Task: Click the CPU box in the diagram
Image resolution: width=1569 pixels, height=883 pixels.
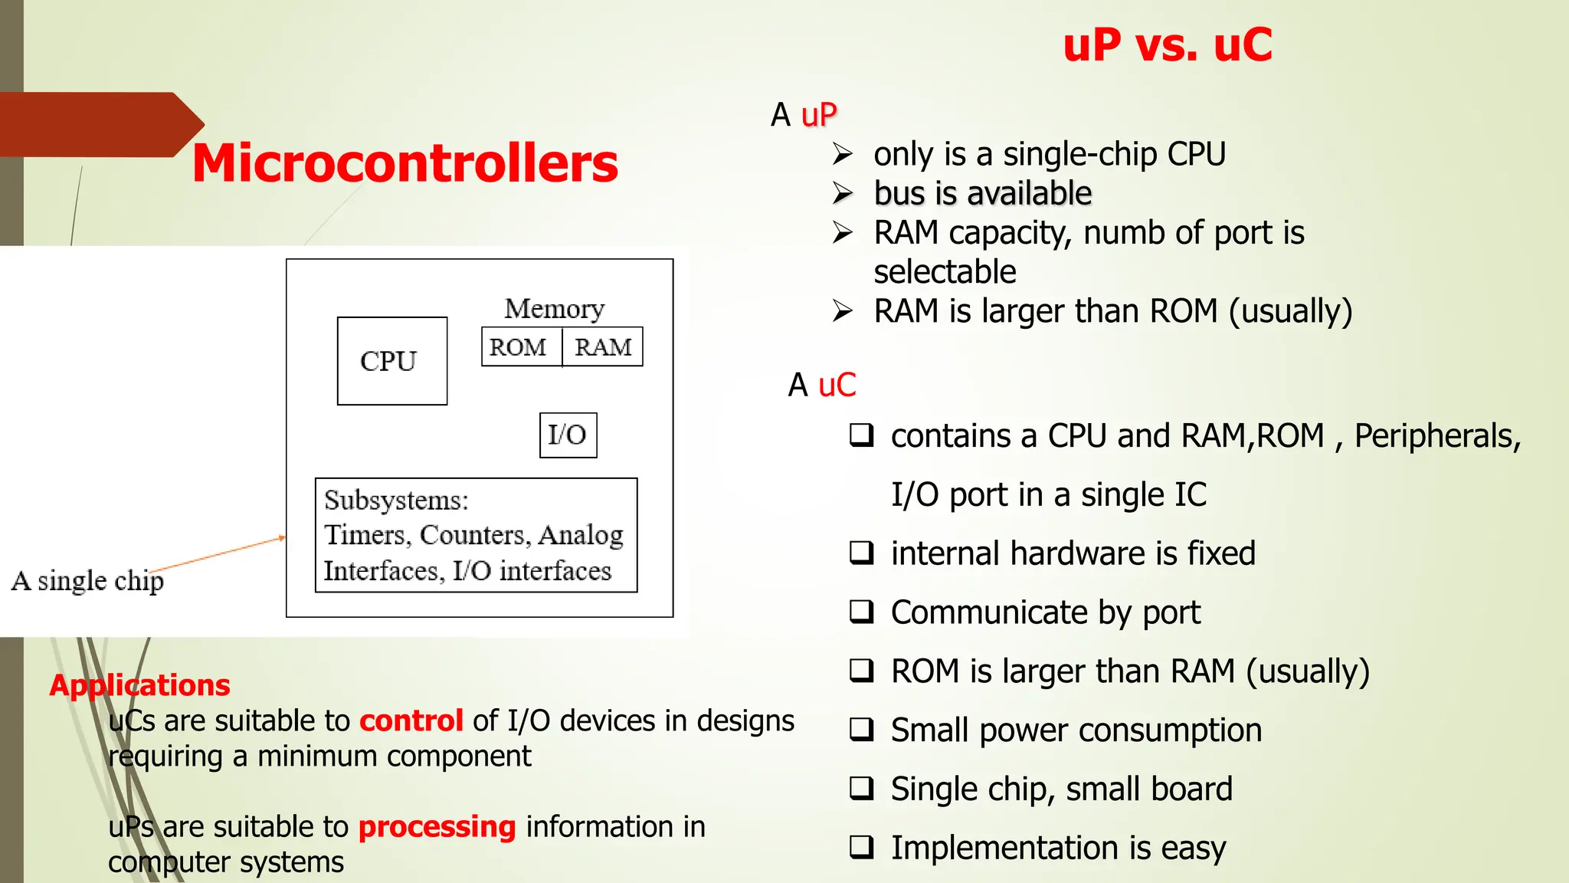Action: (391, 361)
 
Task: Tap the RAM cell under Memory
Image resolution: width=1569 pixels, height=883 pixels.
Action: (603, 347)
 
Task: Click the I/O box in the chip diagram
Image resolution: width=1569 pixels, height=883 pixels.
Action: (568, 435)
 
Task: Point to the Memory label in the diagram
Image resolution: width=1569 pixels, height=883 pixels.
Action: (554, 308)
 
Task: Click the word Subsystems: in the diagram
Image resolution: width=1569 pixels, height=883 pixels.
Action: (396, 500)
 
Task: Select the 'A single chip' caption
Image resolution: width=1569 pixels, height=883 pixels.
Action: (87, 580)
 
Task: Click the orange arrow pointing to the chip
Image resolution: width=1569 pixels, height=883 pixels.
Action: (222, 553)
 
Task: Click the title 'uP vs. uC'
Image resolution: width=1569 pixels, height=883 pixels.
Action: (1167, 44)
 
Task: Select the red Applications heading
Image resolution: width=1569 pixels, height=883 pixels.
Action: (139, 684)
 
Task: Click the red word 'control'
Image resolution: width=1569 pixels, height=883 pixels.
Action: (411, 721)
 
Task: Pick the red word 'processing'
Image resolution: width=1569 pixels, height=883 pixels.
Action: (437, 826)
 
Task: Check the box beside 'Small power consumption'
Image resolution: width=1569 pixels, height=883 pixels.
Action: (861, 729)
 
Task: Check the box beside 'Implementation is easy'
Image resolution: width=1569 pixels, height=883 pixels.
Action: (861, 847)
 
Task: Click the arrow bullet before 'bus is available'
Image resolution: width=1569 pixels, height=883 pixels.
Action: (843, 193)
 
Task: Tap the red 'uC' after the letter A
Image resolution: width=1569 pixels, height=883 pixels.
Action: (837, 385)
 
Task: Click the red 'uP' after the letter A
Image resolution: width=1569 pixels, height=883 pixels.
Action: (819, 115)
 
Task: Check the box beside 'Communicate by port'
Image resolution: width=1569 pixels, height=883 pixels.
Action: (861, 612)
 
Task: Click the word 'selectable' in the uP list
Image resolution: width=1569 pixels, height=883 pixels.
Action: (945, 272)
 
